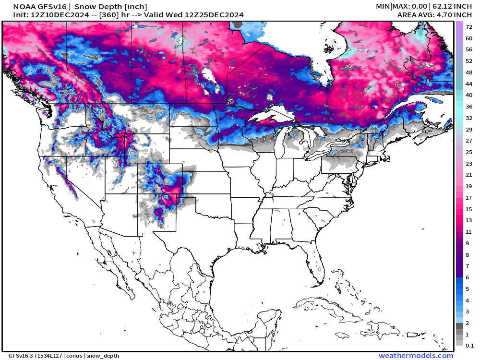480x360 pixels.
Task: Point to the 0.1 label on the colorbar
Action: pos(469,345)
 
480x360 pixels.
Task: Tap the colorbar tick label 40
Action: pos(469,95)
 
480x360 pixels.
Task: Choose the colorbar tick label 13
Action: pos(469,220)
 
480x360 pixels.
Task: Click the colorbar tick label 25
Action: pos(469,152)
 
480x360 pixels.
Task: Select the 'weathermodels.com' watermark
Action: pos(416,356)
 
